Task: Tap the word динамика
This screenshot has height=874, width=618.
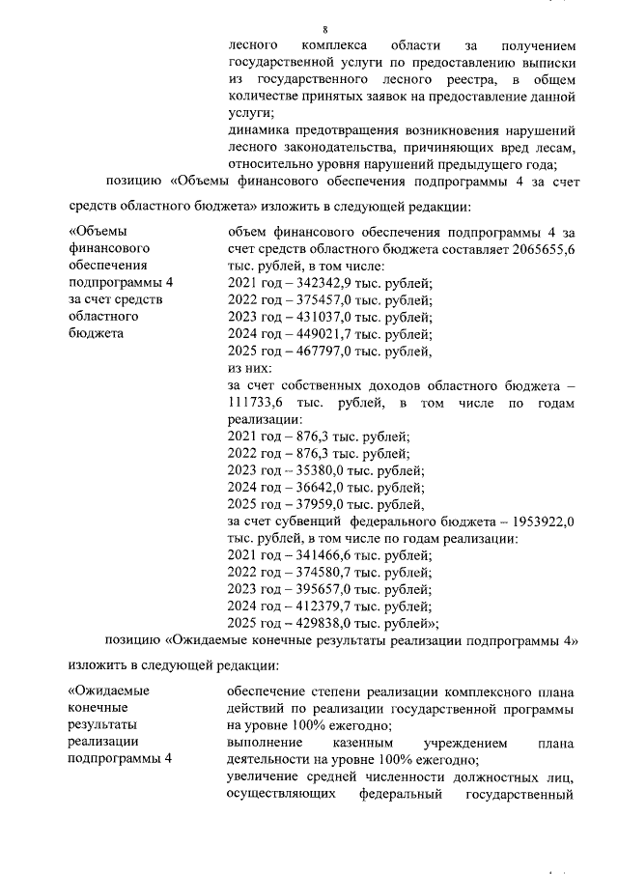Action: click(x=259, y=129)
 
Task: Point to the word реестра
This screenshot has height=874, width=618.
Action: click(x=475, y=79)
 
